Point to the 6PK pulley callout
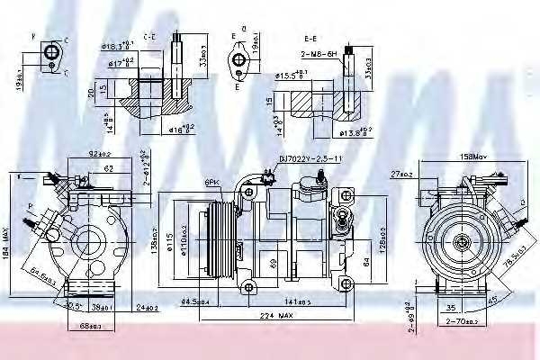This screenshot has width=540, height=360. (212, 182)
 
